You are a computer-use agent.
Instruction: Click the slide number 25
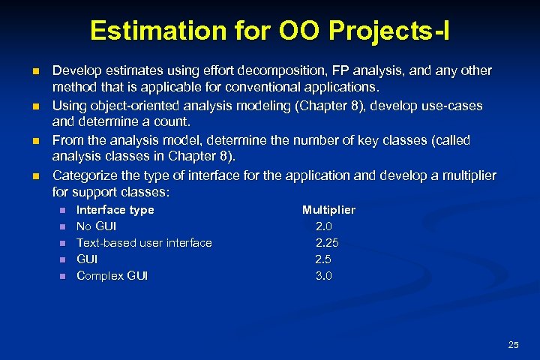pos(513,345)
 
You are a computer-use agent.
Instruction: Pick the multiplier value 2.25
pos(327,243)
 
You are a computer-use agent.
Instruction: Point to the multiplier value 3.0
pos(323,276)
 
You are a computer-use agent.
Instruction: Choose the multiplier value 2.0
pos(323,226)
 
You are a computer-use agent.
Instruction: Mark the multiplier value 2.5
pos(323,259)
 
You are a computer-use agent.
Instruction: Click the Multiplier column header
pos(328,210)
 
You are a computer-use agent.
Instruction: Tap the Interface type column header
pos(115,210)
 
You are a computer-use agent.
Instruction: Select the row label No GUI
pos(97,226)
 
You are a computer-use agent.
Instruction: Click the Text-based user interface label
pos(144,243)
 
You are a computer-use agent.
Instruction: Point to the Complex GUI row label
pos(112,276)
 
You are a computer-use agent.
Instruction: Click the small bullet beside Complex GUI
pos(63,276)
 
